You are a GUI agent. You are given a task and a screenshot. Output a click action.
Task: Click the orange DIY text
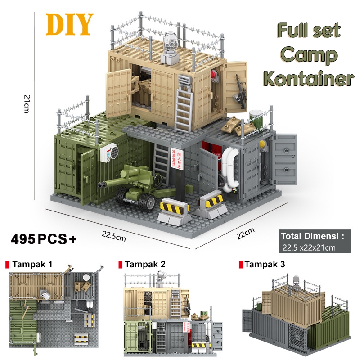pos(69,24)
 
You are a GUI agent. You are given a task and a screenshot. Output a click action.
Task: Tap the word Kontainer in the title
pos(309,78)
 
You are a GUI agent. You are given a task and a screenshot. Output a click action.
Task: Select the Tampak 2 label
pos(144,264)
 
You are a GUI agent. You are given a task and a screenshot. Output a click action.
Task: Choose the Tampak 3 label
pos(265,264)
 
